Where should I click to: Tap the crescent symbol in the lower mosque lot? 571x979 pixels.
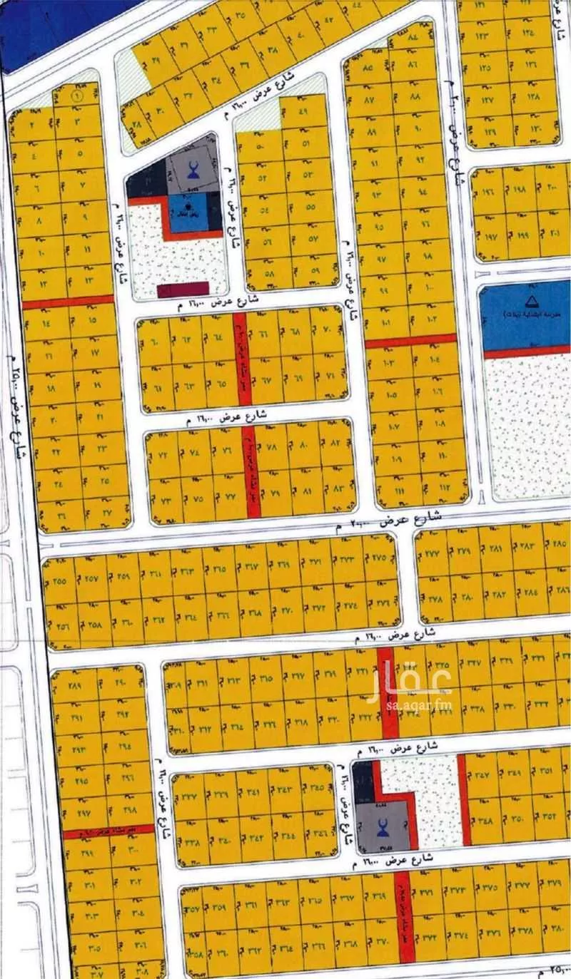[x=384, y=827]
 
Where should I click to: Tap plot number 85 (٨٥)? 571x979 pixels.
[x=368, y=69]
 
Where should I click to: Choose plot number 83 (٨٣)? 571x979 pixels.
[x=338, y=489]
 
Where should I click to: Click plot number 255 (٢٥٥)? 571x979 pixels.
[x=60, y=580]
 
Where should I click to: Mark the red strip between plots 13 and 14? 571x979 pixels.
[x=68, y=302]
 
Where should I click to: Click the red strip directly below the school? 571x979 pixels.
[x=527, y=352]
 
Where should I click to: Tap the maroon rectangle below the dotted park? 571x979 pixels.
[x=183, y=289]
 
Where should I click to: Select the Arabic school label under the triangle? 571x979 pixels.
[x=528, y=314]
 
